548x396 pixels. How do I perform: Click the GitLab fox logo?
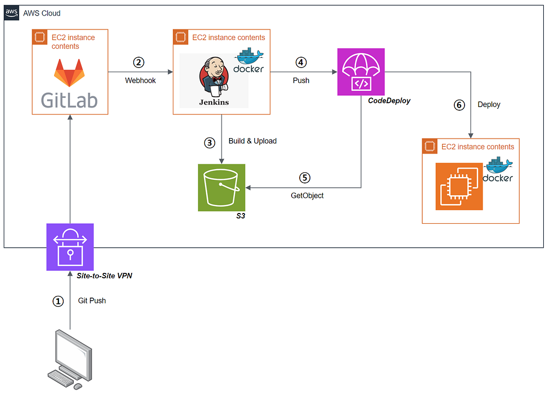coord(69,73)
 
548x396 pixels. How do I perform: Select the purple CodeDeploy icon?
coord(361,72)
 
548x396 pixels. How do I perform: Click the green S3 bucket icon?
coord(222,188)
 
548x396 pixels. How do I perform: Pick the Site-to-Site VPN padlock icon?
coord(70,247)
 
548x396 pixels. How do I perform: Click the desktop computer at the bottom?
coord(70,359)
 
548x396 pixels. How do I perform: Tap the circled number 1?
coord(58,301)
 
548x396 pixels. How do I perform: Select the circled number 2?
coord(139,63)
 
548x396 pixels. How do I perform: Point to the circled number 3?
coord(210,142)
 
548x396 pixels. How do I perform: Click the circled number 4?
coord(301,63)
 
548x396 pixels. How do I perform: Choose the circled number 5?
coord(305,178)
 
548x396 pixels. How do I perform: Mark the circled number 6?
coord(459,105)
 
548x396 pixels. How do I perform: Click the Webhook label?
coord(141,80)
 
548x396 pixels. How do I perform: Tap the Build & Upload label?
coord(253,141)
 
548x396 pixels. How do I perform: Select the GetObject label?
coord(307,196)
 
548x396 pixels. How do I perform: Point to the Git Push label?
coord(92,301)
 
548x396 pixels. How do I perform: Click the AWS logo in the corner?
coord(12,13)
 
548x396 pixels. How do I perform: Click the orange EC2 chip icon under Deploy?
coord(459,186)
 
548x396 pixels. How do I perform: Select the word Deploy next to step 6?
coord(489,104)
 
